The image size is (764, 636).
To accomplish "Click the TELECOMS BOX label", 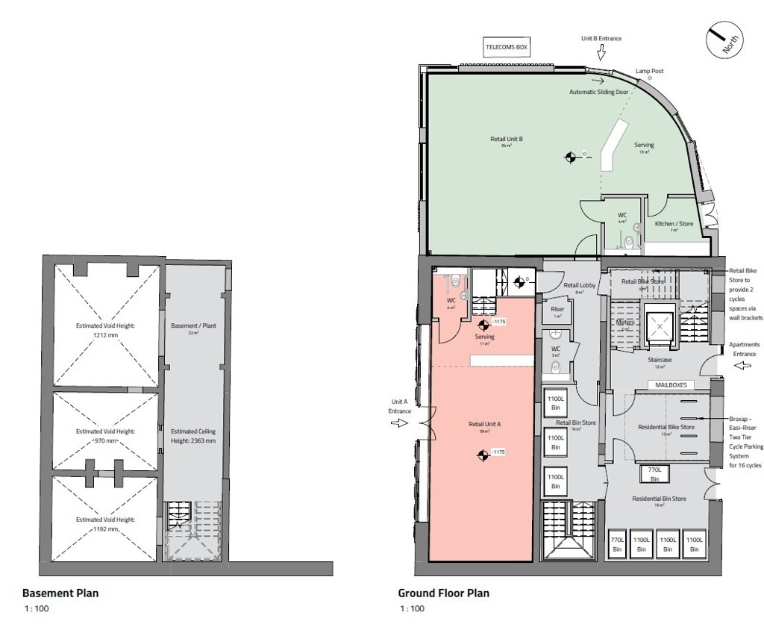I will pos(507,47).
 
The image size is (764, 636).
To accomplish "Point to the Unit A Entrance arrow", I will pos(400,423).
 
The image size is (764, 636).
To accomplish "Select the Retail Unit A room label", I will pos(484,424).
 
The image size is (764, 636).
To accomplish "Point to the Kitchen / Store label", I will pos(674,224).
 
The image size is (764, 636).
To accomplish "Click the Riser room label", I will pos(557,309).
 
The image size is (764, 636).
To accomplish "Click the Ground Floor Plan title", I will pos(443,593).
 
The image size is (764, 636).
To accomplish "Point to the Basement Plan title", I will pos(60,593).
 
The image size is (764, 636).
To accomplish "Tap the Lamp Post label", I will pos(649,72).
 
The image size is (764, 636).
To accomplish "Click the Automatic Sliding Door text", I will pos(599,93).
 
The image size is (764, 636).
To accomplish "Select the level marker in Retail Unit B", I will pos(571,157).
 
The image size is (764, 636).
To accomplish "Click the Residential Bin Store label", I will pos(659,498).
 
